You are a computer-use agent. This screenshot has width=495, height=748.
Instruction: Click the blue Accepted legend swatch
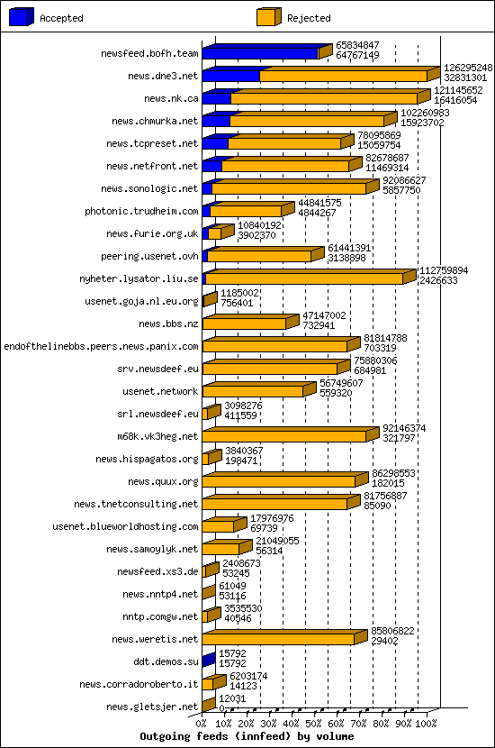click(22, 17)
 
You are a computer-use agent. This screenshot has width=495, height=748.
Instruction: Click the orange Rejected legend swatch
click(268, 17)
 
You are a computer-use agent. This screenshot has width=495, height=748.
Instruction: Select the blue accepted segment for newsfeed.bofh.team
click(259, 53)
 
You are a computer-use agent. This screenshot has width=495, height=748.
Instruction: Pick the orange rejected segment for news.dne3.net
click(342, 76)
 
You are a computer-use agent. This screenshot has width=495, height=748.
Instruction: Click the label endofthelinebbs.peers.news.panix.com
click(101, 346)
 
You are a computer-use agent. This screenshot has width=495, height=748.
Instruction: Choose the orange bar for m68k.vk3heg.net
click(283, 436)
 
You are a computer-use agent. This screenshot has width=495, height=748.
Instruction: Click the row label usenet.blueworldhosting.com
click(125, 526)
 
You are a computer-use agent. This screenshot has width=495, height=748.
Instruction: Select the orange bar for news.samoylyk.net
click(220, 549)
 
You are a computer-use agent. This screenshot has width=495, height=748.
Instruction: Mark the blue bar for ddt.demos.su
click(209, 661)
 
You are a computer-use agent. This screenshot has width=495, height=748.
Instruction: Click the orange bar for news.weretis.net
click(279, 639)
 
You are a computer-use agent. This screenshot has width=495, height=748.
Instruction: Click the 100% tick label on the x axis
click(427, 723)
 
